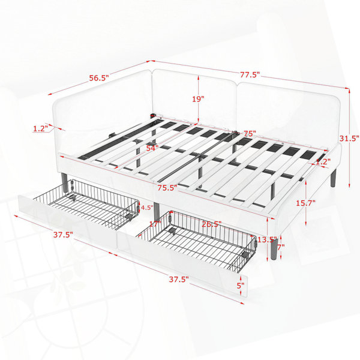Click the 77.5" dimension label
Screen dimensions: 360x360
250,74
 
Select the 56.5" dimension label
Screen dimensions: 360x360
99,78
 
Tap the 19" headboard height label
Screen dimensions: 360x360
198,99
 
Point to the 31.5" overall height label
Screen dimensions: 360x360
349,139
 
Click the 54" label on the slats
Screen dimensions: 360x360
152,148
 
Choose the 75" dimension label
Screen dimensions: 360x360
250,133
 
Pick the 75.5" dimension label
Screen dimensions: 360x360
167,188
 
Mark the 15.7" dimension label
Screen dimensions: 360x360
305,203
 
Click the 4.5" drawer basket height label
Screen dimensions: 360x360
147,208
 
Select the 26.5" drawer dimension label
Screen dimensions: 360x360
212,224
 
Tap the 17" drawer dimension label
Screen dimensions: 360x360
155,224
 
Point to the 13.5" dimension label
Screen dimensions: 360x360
267,240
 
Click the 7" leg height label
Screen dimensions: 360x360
281,247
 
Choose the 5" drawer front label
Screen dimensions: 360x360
241,286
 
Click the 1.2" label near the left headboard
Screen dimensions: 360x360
40,128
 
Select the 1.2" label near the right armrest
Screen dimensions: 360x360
323,161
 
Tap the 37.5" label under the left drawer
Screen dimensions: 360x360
63,235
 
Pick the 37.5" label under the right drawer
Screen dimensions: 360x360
179,280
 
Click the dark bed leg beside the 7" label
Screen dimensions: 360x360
274,249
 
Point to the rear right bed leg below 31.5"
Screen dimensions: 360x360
333,178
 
